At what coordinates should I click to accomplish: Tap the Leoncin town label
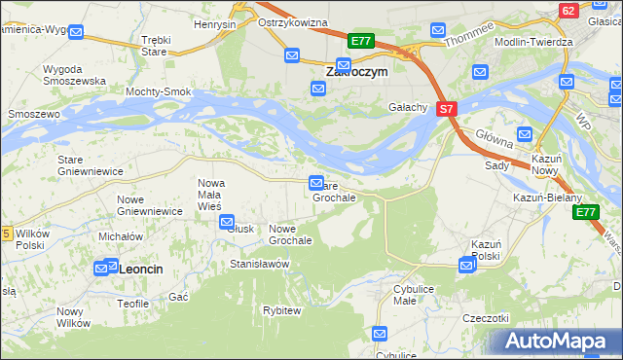[x=140, y=267]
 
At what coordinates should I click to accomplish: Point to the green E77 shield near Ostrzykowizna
[x=361, y=41]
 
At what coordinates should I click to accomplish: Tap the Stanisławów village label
[x=260, y=264]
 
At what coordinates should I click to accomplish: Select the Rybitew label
[x=282, y=309]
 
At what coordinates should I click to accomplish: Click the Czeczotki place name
[x=487, y=318]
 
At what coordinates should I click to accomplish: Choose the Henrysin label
[x=215, y=23]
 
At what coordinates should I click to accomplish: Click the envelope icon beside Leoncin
[x=105, y=267]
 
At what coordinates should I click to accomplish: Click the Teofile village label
[x=132, y=304]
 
